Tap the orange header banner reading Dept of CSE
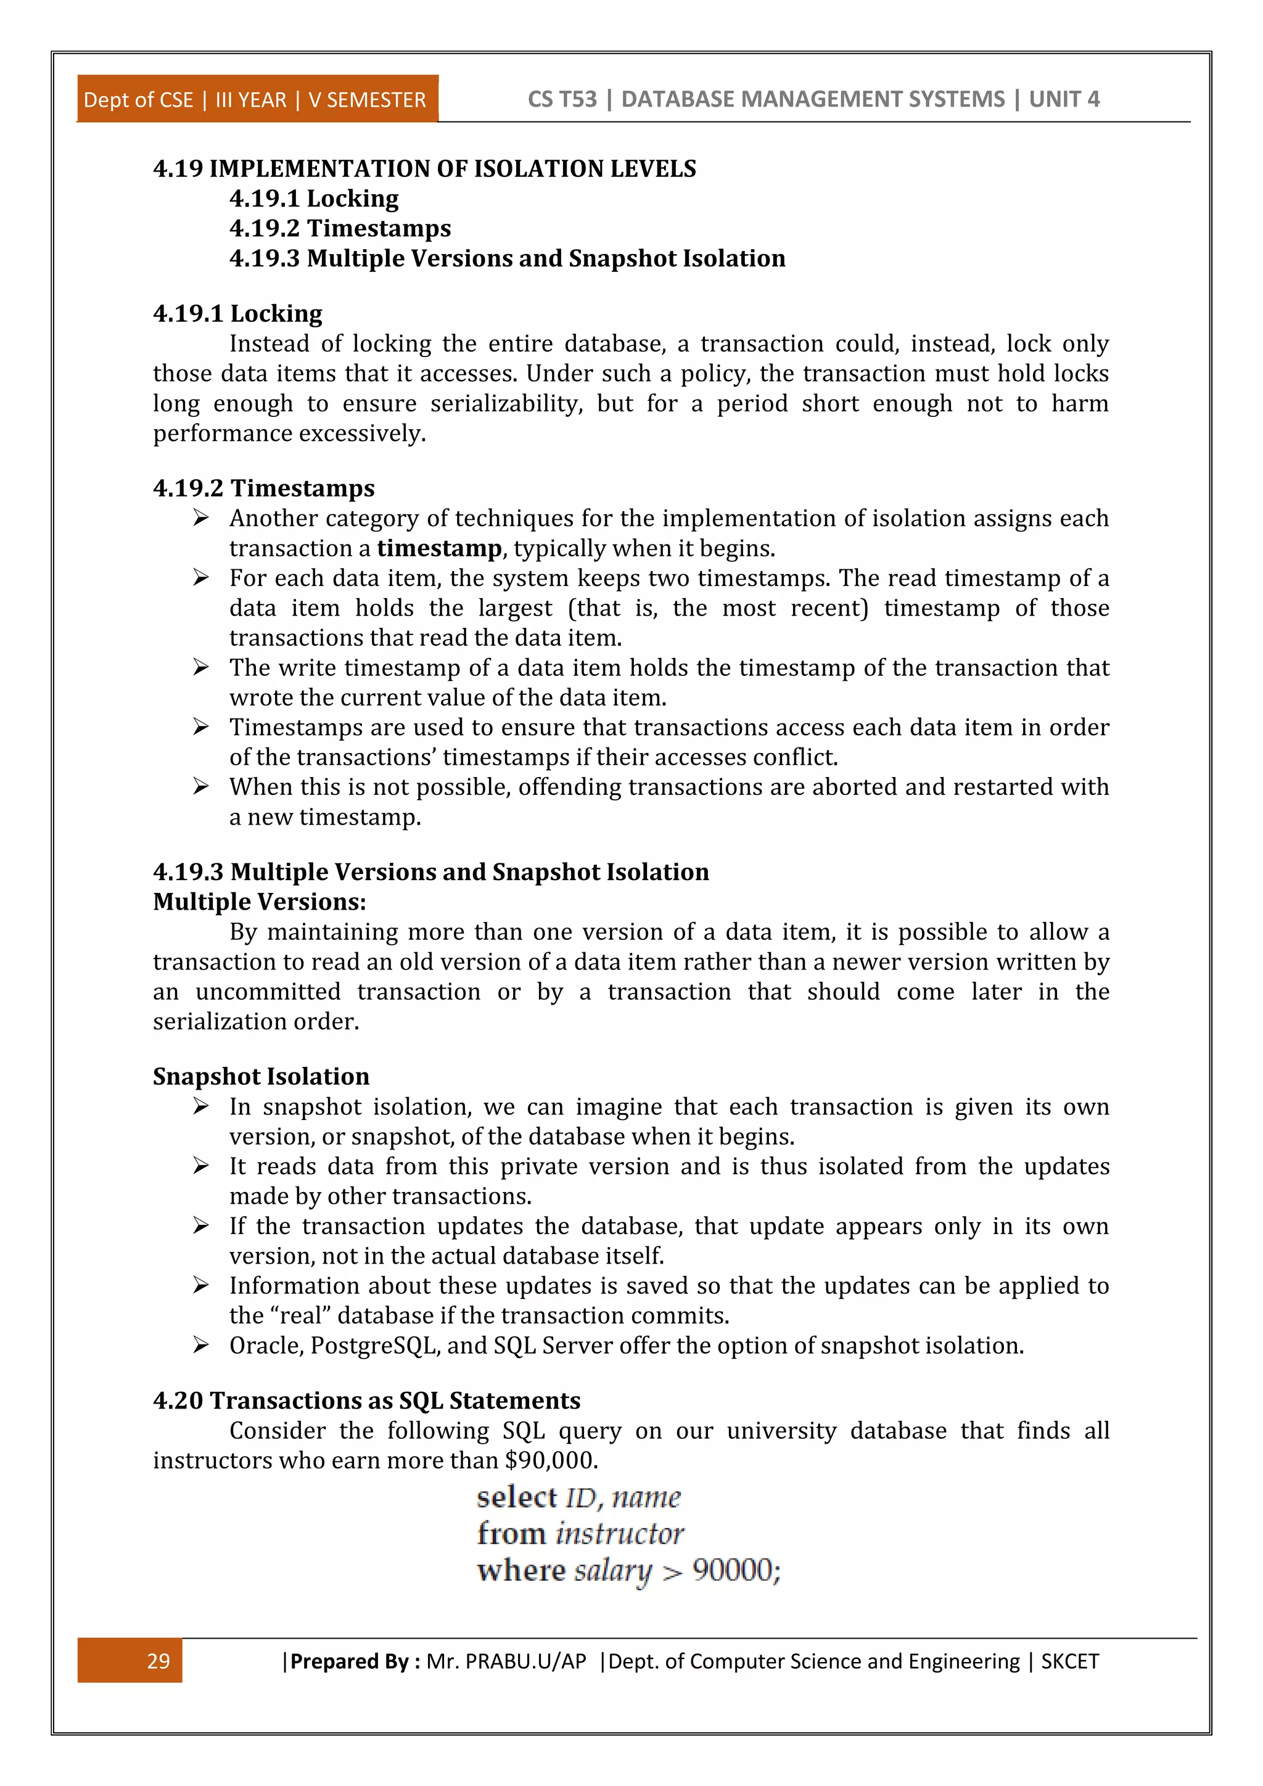pyautogui.click(x=257, y=99)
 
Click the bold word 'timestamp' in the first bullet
pyautogui.click(x=440, y=548)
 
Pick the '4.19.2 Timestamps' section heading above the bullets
pyautogui.click(x=264, y=488)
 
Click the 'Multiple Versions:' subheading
pyautogui.click(x=259, y=902)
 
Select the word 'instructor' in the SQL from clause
pyautogui.click(x=620, y=1533)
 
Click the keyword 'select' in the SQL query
pyautogui.click(x=516, y=1497)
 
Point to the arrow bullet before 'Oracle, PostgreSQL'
pyautogui.click(x=200, y=1345)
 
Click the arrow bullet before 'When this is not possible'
pyautogui.click(x=200, y=786)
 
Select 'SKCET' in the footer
pyautogui.click(x=1069, y=1661)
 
